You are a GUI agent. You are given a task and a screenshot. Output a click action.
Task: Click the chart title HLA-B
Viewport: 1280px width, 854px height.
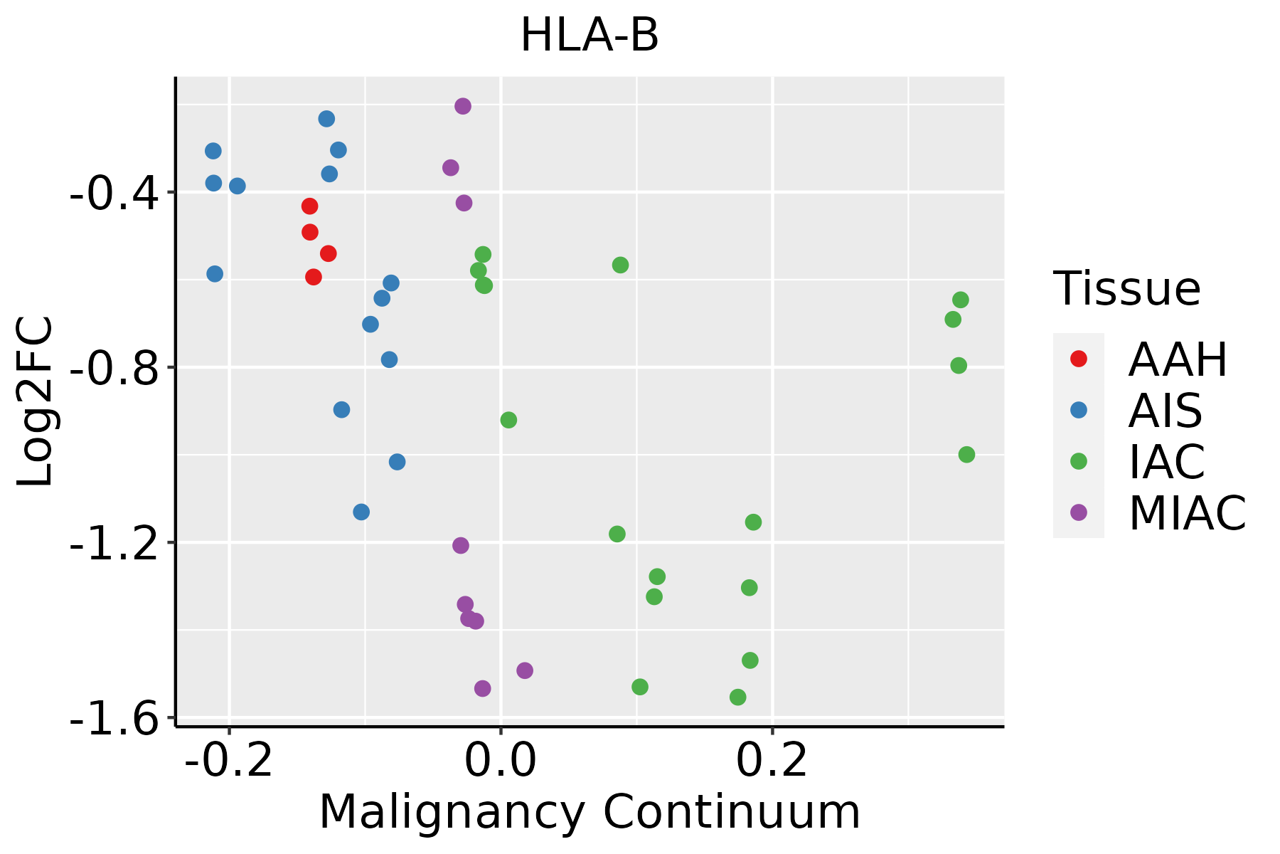[x=590, y=36]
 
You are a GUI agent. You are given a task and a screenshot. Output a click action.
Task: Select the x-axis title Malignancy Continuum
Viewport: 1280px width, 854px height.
[x=590, y=812]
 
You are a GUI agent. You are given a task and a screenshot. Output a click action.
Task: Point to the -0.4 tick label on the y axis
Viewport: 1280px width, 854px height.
[x=114, y=192]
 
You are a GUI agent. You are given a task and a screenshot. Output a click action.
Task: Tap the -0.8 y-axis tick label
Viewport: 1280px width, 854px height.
[x=114, y=367]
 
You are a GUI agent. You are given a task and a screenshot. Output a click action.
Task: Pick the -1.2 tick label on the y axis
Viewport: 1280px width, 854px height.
[x=114, y=542]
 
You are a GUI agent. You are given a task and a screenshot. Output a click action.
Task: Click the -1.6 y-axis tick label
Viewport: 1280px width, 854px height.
[x=114, y=717]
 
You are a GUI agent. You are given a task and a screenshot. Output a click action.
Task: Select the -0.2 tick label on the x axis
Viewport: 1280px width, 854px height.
[x=229, y=760]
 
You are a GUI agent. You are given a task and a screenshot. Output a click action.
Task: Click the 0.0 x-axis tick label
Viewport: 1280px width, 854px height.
[x=501, y=760]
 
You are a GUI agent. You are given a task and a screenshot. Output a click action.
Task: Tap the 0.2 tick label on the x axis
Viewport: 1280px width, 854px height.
[x=772, y=760]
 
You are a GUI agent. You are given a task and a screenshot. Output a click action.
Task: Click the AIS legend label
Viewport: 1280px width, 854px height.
[x=1166, y=411]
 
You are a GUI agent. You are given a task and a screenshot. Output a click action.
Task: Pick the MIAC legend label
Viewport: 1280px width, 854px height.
[x=1188, y=512]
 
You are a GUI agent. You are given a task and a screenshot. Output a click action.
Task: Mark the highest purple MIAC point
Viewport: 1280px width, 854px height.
[x=463, y=106]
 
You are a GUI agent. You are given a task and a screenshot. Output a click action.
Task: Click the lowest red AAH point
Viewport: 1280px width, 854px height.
[x=314, y=277]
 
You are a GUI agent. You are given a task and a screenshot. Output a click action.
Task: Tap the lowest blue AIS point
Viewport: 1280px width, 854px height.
[x=361, y=512]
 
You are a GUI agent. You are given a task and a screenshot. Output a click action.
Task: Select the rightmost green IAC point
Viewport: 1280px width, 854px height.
[x=966, y=454]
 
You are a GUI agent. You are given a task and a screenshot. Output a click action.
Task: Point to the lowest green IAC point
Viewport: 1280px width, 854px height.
[x=738, y=697]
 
